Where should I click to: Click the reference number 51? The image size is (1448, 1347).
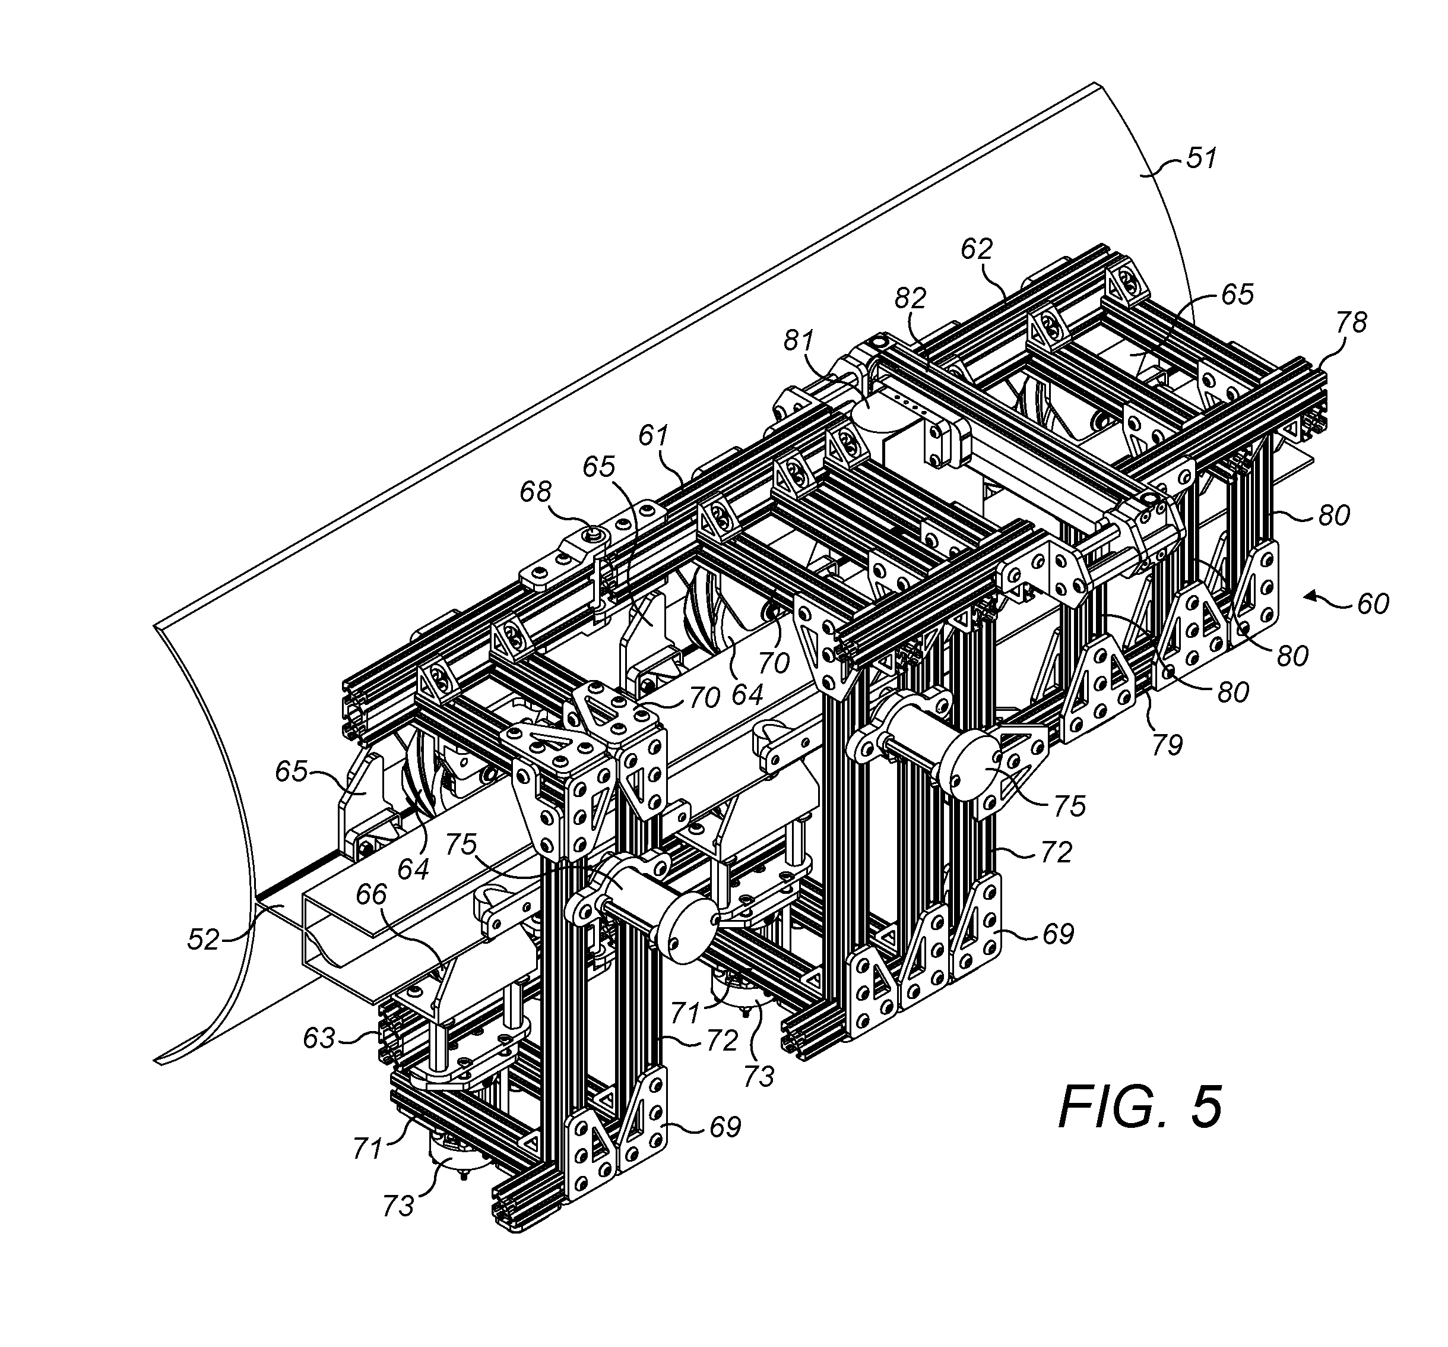pyautogui.click(x=1201, y=158)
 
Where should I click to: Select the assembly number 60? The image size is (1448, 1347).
pyautogui.click(x=1372, y=604)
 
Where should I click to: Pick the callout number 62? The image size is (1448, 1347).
pyautogui.click(x=976, y=250)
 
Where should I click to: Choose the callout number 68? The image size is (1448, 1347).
pyautogui.click(x=536, y=492)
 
